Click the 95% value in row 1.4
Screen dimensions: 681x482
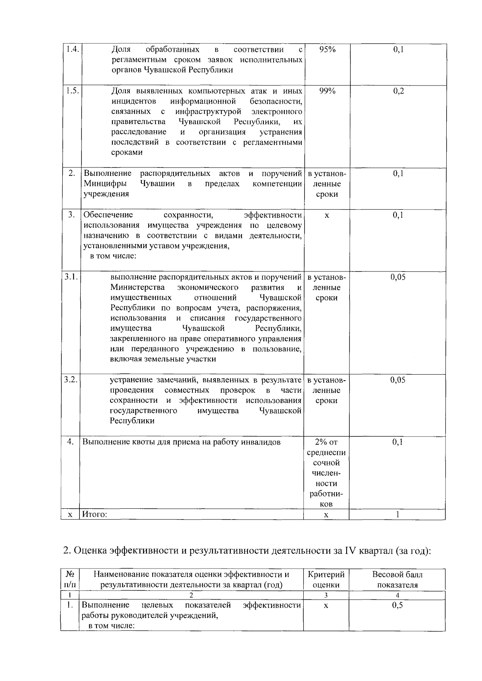click(x=327, y=49)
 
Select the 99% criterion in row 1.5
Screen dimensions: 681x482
click(x=327, y=91)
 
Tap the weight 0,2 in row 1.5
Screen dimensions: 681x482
click(x=398, y=91)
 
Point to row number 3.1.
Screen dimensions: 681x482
click(x=71, y=277)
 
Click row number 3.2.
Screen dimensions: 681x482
click(x=71, y=380)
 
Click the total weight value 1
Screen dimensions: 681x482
click(x=398, y=514)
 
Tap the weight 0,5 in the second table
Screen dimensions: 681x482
click(x=397, y=605)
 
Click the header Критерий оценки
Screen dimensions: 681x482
click(x=326, y=579)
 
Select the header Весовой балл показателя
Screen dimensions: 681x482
click(x=397, y=579)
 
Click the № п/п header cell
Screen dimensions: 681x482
click(x=70, y=579)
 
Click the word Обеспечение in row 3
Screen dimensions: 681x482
click(x=108, y=215)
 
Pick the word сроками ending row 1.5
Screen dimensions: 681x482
click(x=127, y=153)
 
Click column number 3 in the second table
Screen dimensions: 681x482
click(x=326, y=595)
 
